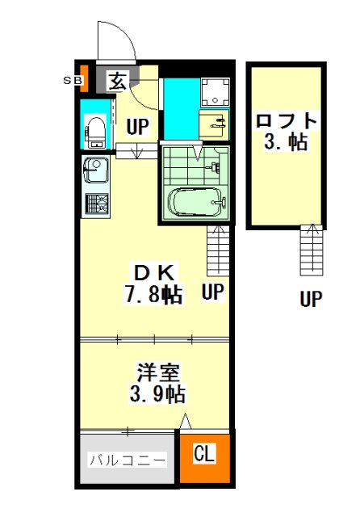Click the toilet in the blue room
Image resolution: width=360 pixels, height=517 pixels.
tap(95, 132)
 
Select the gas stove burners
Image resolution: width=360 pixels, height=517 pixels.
tap(97, 204)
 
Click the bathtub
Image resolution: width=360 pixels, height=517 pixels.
tap(197, 202)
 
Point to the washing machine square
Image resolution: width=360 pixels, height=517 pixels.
tap(215, 92)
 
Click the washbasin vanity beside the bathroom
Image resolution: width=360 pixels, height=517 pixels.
tap(214, 124)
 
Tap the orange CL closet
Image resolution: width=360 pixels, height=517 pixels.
tap(204, 458)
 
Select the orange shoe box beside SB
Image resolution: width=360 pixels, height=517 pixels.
tap(84, 78)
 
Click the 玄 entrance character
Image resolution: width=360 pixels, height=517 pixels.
tap(118, 82)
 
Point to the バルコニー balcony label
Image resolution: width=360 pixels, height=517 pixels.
tap(128, 460)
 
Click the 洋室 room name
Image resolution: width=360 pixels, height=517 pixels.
tap(158, 372)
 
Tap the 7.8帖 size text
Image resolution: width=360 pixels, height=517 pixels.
tap(153, 294)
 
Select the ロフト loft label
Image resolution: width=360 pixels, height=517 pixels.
tap(287, 120)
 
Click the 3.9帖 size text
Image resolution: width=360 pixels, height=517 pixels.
tap(157, 393)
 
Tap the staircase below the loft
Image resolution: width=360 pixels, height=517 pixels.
tap(312, 250)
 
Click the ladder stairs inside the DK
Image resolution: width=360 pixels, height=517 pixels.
tap(218, 251)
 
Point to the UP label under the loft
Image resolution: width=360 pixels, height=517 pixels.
tap(311, 299)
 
